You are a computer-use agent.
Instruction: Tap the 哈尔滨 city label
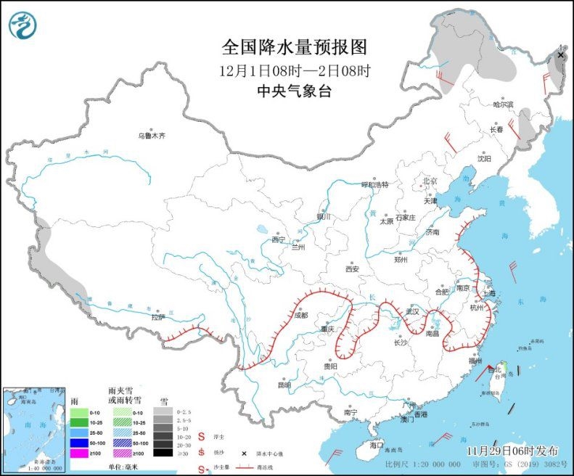(503, 104)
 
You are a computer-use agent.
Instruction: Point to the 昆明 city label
(284, 385)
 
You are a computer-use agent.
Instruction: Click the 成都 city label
(301, 316)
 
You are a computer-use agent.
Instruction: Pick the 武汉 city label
(412, 311)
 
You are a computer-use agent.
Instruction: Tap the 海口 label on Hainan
(375, 444)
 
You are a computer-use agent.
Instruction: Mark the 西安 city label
(353, 268)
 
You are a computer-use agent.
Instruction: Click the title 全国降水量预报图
(294, 48)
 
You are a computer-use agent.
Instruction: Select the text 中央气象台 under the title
(294, 91)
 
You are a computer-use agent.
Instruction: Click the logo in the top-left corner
(22, 26)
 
